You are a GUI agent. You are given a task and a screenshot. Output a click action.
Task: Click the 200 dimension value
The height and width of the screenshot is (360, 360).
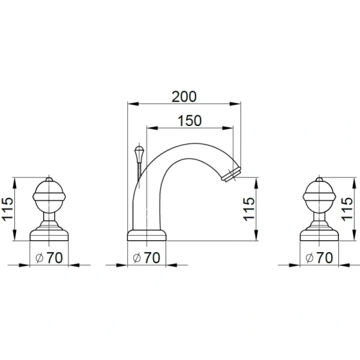pos(184,97)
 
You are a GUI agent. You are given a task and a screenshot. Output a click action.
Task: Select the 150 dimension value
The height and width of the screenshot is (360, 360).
pos(190,121)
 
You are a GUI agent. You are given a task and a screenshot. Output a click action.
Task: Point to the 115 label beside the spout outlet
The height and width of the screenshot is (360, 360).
pos(249,209)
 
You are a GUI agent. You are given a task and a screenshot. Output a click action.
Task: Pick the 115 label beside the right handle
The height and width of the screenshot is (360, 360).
pos(347,209)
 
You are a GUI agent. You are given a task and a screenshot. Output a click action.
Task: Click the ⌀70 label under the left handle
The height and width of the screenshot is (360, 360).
pos(49,257)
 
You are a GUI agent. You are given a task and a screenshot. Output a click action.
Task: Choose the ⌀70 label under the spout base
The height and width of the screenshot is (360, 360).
pos(146,257)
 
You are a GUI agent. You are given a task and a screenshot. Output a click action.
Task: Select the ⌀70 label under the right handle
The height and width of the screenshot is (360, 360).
pos(319,257)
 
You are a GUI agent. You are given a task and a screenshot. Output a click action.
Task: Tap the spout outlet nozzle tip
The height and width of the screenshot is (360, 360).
pos(231,175)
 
